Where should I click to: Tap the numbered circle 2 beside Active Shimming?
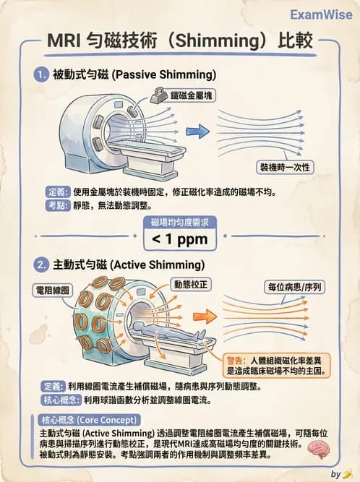(41, 265)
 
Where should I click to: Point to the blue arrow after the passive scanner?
(193, 132)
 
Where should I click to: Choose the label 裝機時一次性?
(286, 167)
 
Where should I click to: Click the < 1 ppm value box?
(179, 238)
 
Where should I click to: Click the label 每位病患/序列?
(294, 287)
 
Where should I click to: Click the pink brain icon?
(318, 449)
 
